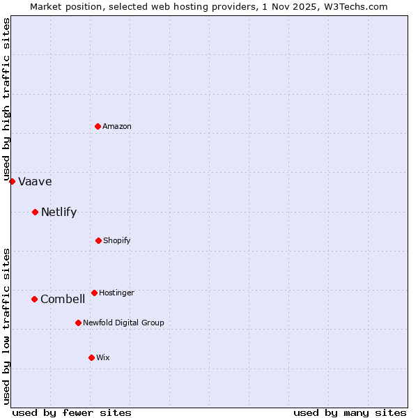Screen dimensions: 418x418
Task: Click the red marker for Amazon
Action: (98, 126)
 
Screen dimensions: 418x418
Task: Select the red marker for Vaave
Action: (12, 181)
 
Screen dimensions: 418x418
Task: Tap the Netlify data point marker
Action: (35, 212)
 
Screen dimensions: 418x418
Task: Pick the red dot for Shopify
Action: (98, 240)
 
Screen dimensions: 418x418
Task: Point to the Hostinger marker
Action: (94, 293)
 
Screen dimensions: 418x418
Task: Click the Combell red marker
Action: (34, 299)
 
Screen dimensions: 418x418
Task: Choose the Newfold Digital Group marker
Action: (78, 323)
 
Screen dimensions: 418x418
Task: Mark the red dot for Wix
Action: (91, 357)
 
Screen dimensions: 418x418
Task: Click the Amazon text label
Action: (117, 126)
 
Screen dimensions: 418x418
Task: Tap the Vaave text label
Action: (35, 182)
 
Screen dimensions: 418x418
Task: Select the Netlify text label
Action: (59, 212)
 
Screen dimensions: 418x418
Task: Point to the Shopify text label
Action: (117, 240)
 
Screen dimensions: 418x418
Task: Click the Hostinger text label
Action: (116, 293)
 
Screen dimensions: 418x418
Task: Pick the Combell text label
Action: (63, 300)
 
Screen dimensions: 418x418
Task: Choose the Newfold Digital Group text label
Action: (123, 323)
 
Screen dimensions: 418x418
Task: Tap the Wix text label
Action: (103, 357)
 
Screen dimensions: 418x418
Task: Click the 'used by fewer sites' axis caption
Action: (72, 412)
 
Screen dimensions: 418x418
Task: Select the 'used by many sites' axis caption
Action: (350, 412)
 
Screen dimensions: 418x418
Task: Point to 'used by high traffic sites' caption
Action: (7, 99)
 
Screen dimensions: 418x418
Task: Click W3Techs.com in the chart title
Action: (354, 6)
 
